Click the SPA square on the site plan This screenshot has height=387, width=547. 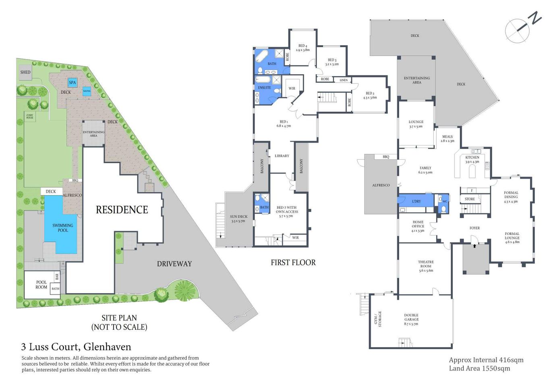(x=73, y=82)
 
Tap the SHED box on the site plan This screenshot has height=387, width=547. (x=25, y=72)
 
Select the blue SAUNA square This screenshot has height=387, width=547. (x=87, y=91)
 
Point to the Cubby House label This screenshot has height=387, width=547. (x=30, y=117)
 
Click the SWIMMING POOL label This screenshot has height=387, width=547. (x=63, y=228)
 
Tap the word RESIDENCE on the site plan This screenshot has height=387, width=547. (x=122, y=210)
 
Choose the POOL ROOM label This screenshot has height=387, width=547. (x=41, y=285)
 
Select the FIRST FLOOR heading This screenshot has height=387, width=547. (x=293, y=262)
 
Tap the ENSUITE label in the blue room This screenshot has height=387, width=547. (x=264, y=87)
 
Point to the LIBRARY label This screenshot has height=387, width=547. (x=282, y=156)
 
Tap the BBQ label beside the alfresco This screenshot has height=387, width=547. (x=386, y=157)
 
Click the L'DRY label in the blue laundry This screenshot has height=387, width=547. (x=416, y=201)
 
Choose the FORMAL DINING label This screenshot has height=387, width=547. (x=511, y=197)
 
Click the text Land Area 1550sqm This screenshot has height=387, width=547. (x=479, y=368)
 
